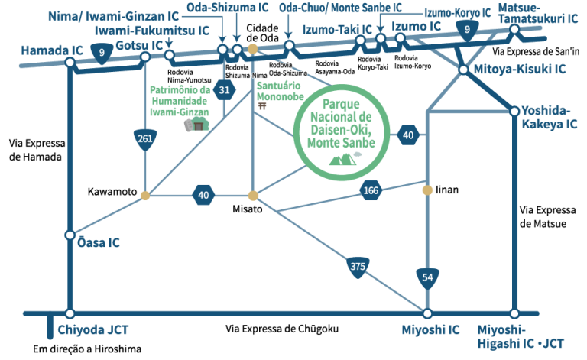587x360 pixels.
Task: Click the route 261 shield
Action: pos(145,139)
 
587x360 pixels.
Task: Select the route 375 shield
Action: pos(357,267)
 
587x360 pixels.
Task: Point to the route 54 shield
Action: pos(427,277)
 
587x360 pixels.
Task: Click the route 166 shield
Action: pos(371,191)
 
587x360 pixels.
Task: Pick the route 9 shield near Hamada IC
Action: pos(101,53)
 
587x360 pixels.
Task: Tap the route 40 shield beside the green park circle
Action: pos(408,136)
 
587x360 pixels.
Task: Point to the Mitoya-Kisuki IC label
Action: pos(521,69)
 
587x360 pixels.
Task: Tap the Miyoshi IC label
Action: pos(431,330)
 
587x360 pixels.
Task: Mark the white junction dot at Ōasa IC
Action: pos(70,235)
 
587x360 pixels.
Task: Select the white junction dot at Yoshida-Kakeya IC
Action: pos(514,112)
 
